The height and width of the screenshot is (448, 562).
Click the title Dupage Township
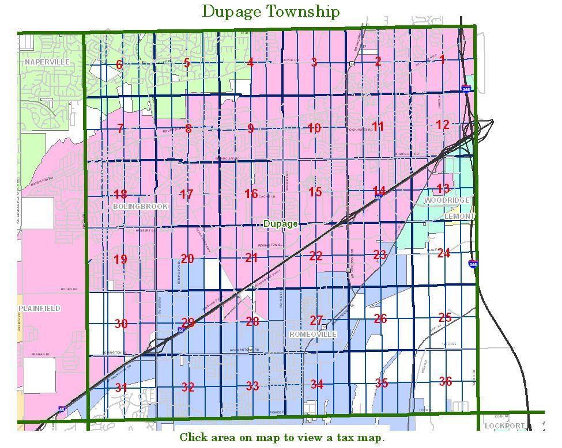pyautogui.click(x=270, y=12)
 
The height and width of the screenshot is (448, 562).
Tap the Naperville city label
pyautogui.click(x=47, y=61)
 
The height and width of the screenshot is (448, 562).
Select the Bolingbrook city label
pyautogui.click(x=141, y=206)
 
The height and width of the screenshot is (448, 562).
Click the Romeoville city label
pyautogui.click(x=313, y=335)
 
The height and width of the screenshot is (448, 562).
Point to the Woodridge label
pyautogui.click(x=447, y=200)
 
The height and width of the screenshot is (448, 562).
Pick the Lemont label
pyautogui.click(x=460, y=216)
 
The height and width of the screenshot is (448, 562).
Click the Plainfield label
pyautogui.click(x=39, y=309)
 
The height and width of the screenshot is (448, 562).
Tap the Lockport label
pyautogui.click(x=505, y=426)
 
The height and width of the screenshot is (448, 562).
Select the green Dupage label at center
pyautogui.click(x=280, y=223)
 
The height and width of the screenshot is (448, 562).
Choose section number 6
pyautogui.click(x=119, y=64)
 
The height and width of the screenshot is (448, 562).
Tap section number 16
pyautogui.click(x=251, y=193)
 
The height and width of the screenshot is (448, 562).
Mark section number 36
pyautogui.click(x=445, y=381)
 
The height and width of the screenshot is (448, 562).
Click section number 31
pyautogui.click(x=121, y=388)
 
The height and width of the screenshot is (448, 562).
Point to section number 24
pyautogui.click(x=443, y=253)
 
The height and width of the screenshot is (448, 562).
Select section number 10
pyautogui.click(x=314, y=128)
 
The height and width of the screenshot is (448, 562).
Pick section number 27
pyautogui.click(x=316, y=320)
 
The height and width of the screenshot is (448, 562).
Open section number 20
pyautogui.click(x=187, y=259)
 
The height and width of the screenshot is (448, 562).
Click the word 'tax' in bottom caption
pyautogui.click(x=342, y=438)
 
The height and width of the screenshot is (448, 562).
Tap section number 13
pyautogui.click(x=443, y=188)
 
